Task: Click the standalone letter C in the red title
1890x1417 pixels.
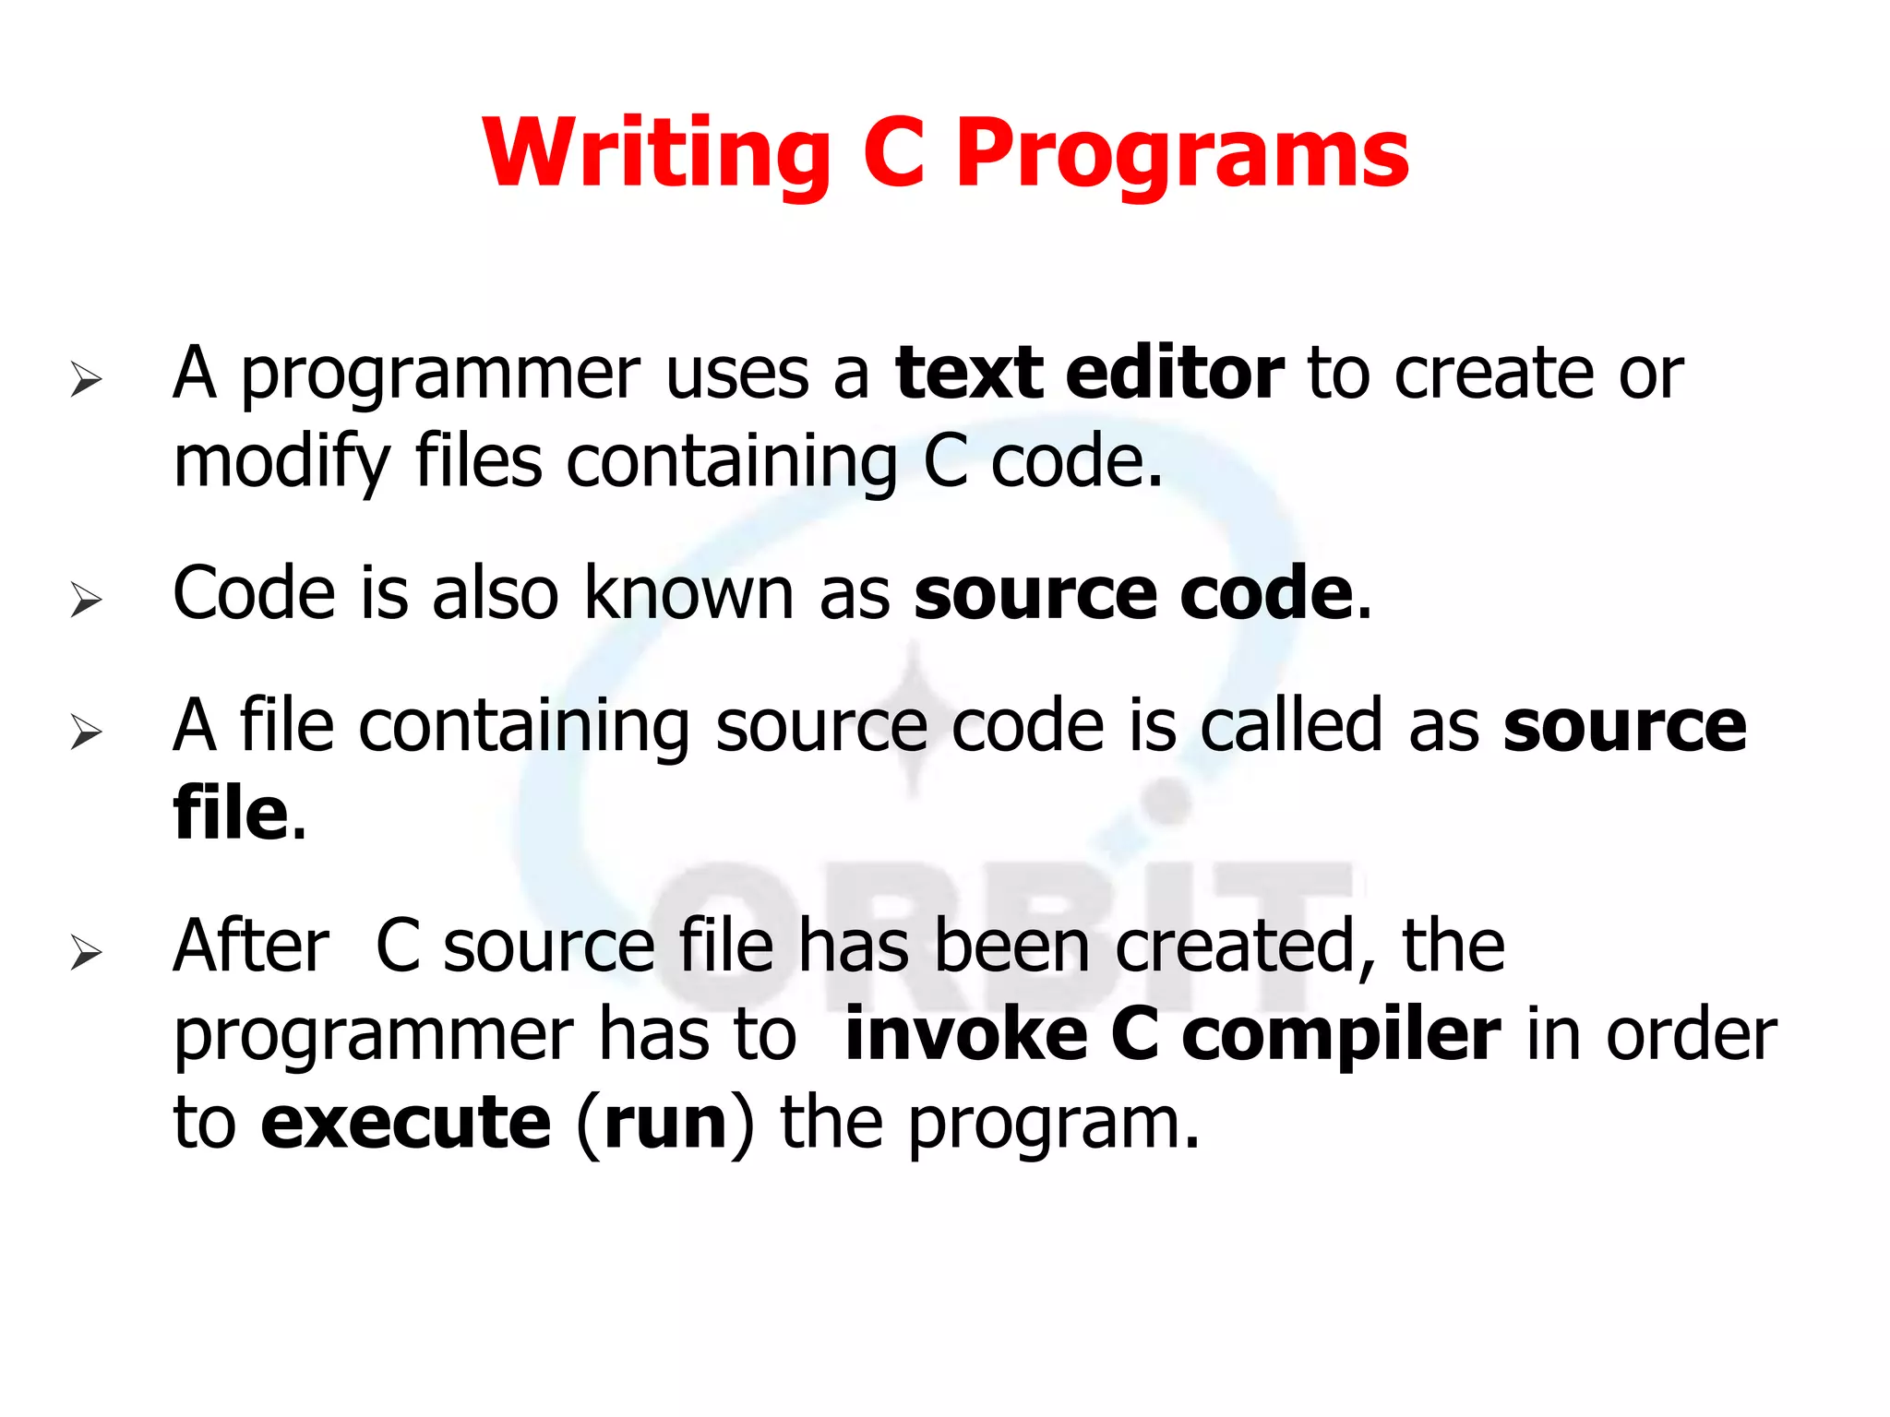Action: point(893,153)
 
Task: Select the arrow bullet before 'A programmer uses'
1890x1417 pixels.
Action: point(86,379)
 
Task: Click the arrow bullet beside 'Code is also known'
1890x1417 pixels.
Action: point(86,600)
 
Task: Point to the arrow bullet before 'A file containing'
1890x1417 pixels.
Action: point(86,732)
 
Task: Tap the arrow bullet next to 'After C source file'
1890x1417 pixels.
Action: point(86,952)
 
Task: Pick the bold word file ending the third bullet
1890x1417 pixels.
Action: point(231,814)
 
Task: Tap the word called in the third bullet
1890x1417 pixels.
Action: point(1292,725)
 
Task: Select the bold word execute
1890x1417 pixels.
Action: point(406,1123)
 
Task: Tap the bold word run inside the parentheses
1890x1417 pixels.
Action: point(665,1125)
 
